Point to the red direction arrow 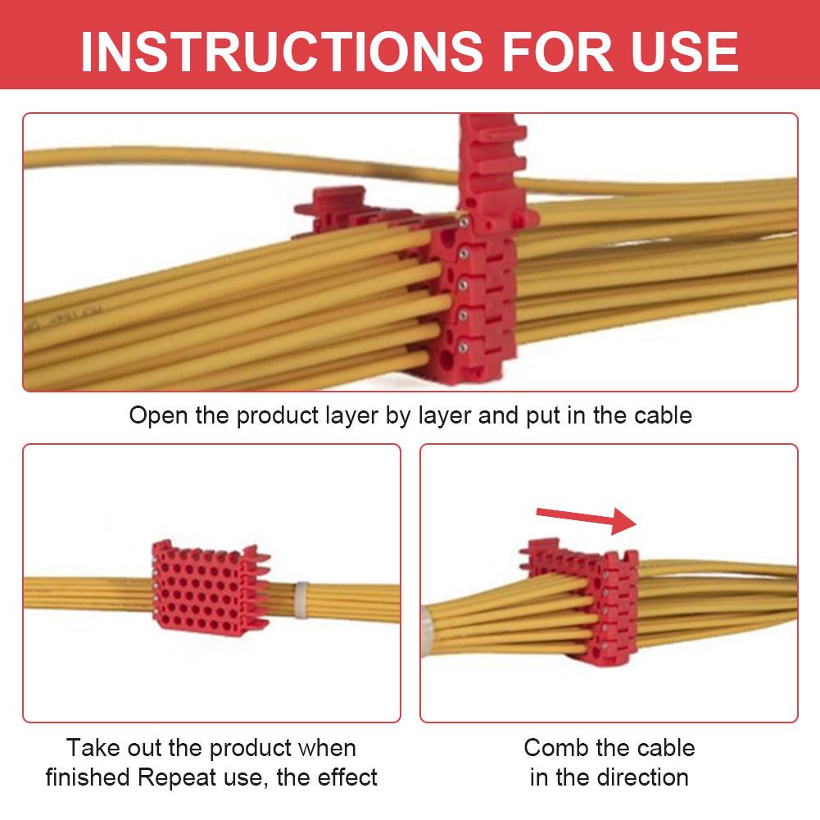(x=587, y=519)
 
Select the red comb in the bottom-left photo (x=209, y=588)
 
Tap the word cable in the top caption (x=663, y=415)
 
